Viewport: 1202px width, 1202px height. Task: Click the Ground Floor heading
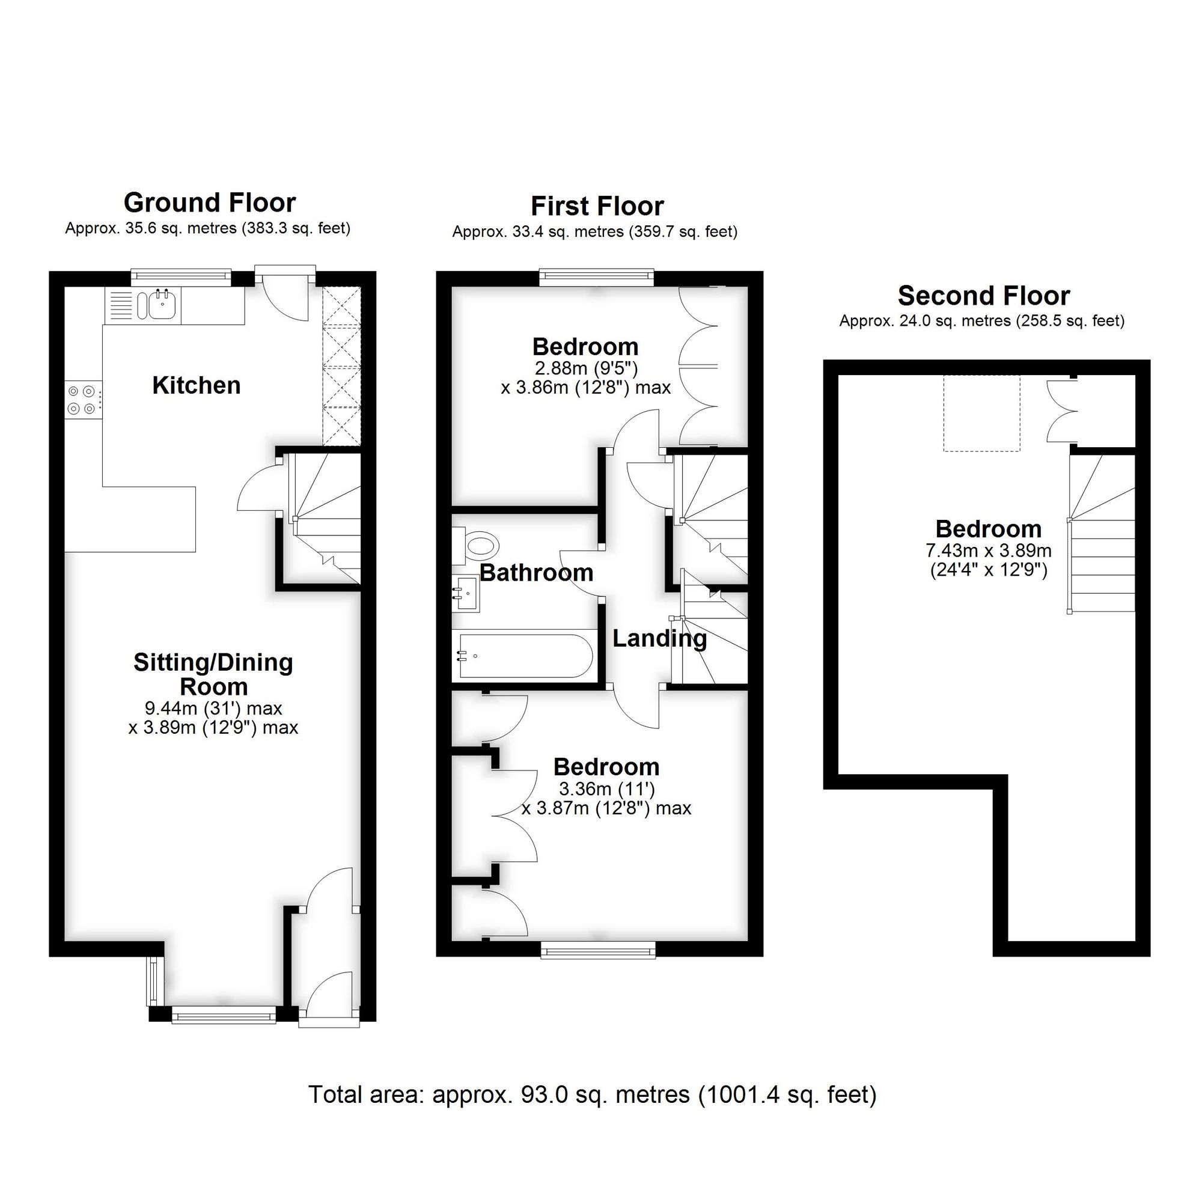(210, 203)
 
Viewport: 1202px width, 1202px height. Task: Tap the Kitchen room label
(197, 386)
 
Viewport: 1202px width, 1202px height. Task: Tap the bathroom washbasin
(465, 594)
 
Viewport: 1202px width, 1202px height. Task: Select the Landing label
(659, 638)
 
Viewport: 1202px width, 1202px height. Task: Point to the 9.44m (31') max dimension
(213, 708)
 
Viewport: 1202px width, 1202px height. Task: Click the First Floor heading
(597, 206)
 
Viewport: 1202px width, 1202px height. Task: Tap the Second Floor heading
(984, 296)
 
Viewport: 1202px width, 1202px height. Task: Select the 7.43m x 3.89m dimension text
(989, 551)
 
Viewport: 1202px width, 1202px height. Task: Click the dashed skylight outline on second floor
(982, 413)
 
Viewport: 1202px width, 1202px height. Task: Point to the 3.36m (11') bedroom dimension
(606, 789)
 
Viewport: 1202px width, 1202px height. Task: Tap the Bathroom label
(536, 572)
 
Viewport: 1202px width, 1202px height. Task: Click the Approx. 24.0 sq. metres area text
(982, 321)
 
